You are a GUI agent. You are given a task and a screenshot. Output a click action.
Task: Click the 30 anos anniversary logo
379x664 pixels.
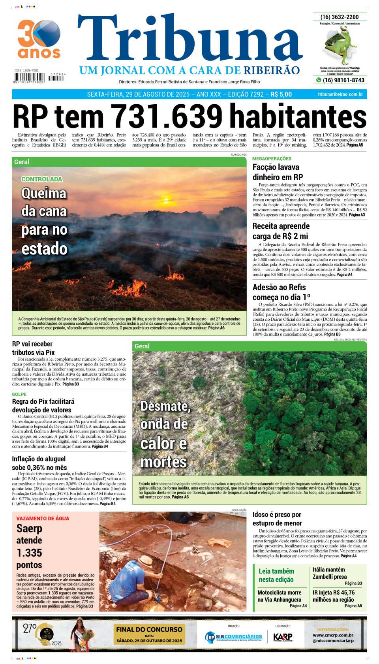(x=39, y=39)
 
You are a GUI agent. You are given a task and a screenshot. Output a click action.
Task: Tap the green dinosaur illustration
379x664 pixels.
(x=340, y=46)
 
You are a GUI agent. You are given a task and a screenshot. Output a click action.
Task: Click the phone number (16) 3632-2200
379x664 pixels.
(x=340, y=17)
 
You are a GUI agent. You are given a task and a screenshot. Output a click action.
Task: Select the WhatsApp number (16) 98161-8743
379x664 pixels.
(x=343, y=80)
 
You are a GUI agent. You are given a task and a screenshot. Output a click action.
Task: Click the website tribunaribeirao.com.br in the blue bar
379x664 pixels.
(x=340, y=94)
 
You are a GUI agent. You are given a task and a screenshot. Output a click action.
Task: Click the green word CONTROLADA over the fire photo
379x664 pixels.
(x=42, y=179)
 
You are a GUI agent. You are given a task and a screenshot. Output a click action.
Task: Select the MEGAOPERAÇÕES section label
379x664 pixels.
(x=272, y=158)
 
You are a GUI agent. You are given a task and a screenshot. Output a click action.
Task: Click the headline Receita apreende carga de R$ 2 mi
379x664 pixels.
(x=281, y=231)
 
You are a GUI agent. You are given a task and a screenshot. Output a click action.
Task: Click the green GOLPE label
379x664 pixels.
(x=19, y=394)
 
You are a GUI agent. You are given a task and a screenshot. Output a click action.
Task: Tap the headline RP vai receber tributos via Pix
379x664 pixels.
(x=33, y=348)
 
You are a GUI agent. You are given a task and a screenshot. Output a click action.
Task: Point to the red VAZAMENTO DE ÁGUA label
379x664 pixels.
(x=43, y=518)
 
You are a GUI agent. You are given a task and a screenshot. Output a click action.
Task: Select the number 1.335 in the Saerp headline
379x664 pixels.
(x=29, y=553)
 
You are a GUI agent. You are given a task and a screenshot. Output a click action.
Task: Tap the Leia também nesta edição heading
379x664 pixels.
(x=276, y=575)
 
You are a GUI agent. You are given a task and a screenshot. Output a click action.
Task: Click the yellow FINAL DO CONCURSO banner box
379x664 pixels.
(x=149, y=634)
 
